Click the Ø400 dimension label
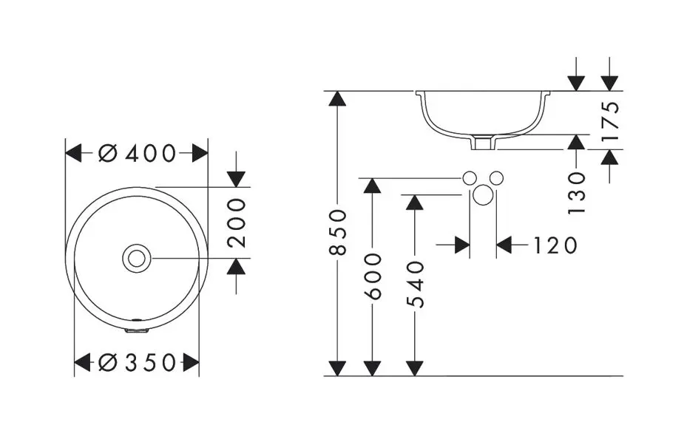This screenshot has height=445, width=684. point(138,154)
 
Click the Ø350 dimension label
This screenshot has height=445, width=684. point(138,363)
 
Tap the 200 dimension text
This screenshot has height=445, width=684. point(236,222)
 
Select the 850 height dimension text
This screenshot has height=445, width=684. point(337,232)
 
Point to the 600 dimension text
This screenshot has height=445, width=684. point(374,276)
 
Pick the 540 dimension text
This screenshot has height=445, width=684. point(416,285)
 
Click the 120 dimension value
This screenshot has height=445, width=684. point(555,245)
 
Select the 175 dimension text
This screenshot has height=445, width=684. point(610,120)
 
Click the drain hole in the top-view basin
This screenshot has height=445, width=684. point(137,258)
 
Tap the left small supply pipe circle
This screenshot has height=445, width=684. point(469,178)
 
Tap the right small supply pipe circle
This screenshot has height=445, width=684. point(496,178)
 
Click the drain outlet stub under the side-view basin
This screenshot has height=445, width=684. point(483,142)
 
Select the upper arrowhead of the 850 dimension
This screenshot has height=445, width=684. point(337,99)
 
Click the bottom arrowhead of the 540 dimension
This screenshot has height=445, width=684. point(416,367)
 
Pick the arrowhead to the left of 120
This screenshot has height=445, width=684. point(462,245)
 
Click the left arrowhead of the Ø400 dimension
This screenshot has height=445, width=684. point(74,154)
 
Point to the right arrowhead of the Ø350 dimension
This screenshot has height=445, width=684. point(191,363)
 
